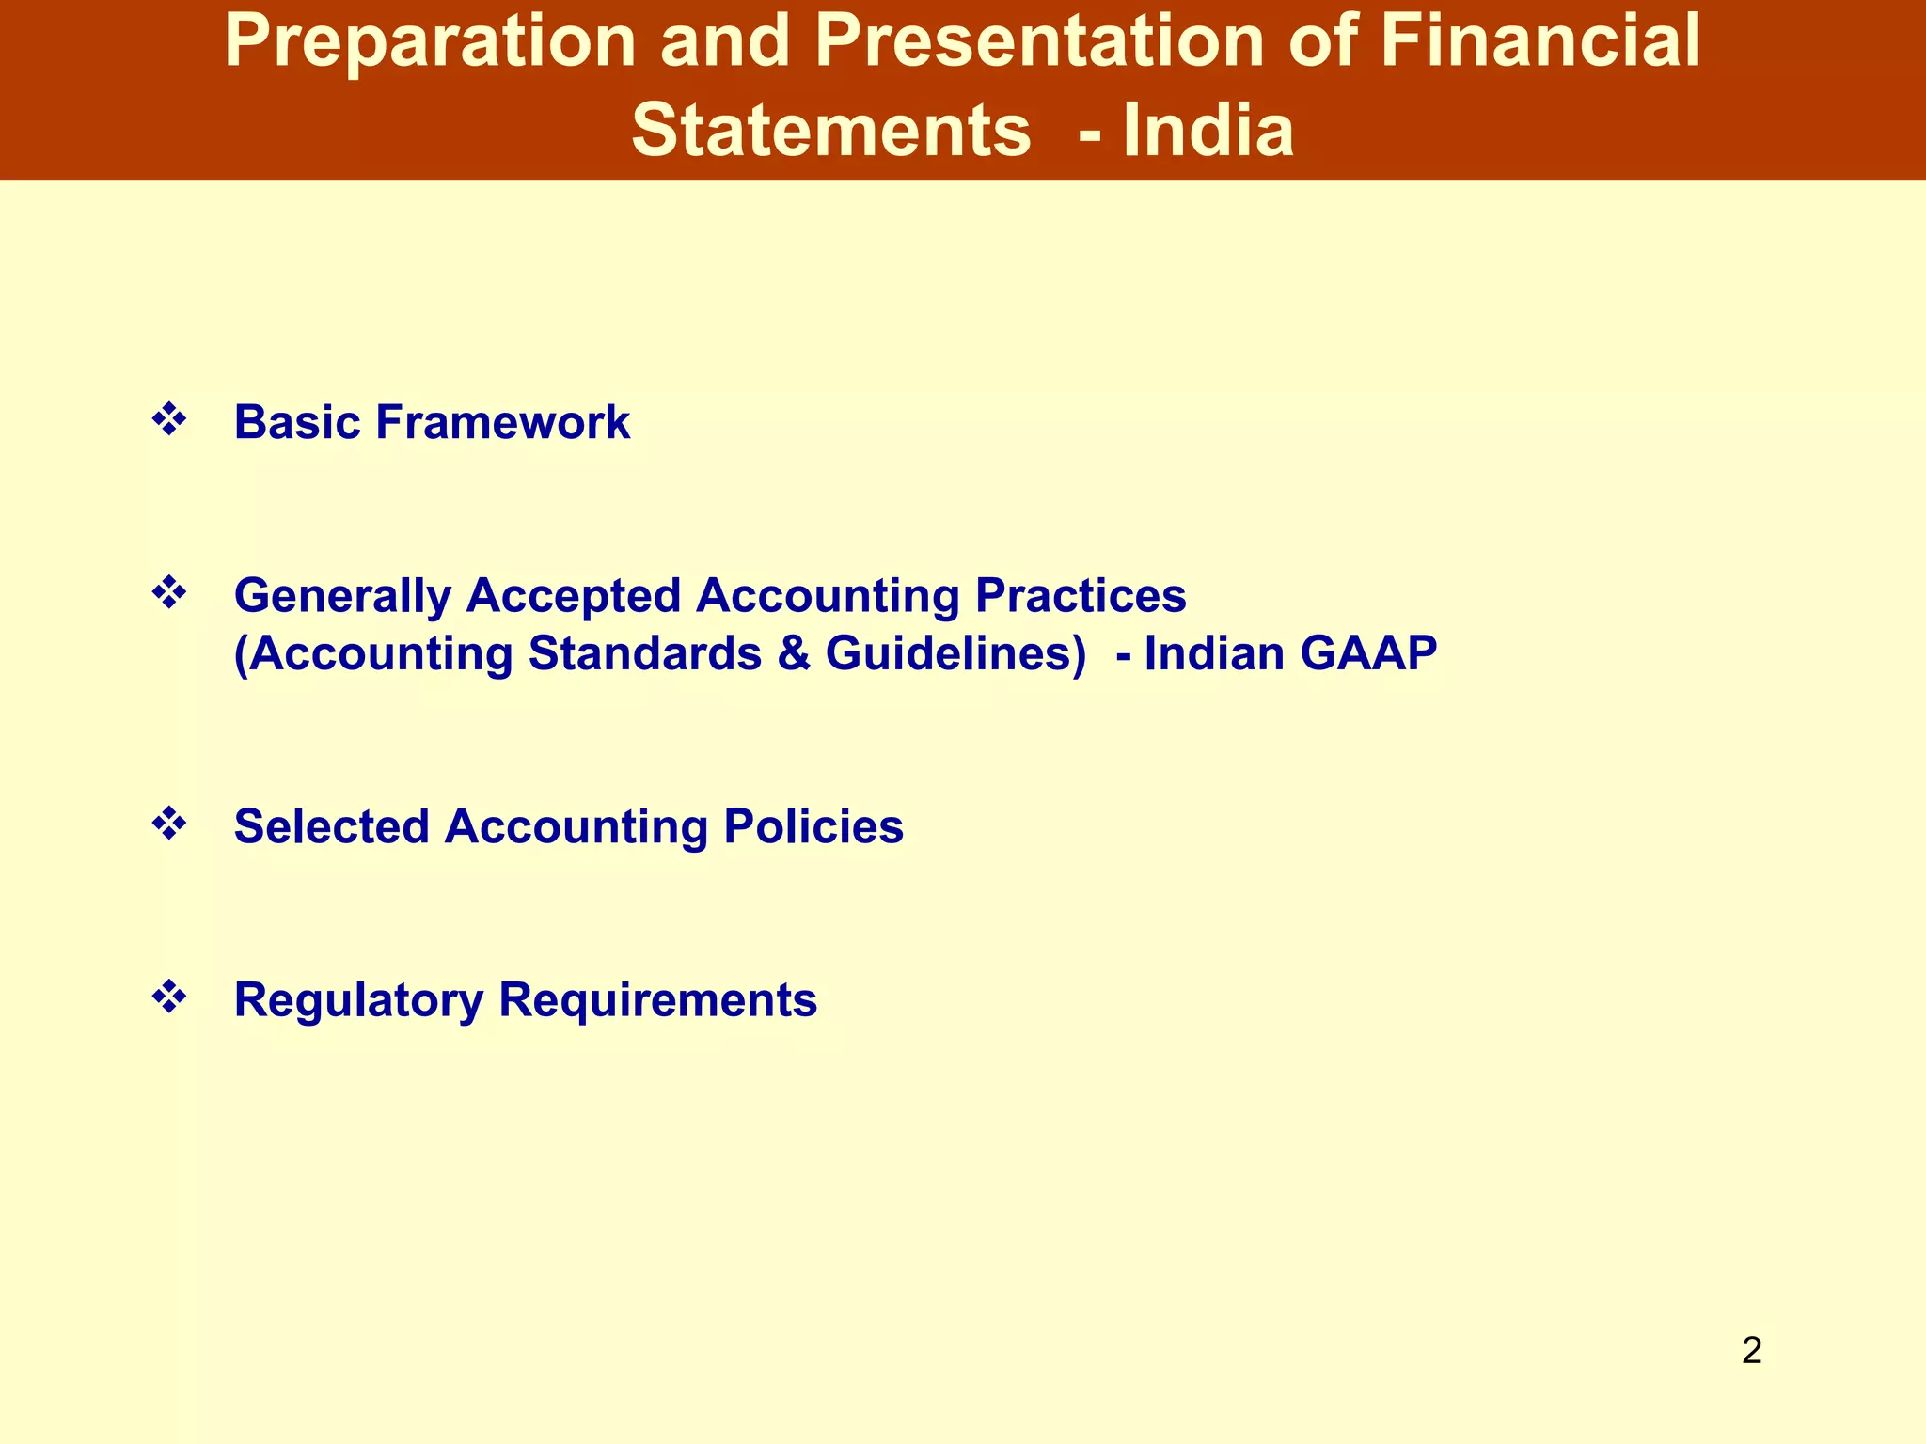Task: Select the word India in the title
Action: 1208,131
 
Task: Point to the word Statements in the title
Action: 830,131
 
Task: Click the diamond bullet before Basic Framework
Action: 169,419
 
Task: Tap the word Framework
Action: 502,422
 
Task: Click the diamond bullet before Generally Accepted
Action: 169,593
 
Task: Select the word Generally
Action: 342,597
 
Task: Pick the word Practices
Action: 1081,595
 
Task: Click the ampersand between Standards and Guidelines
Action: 794,653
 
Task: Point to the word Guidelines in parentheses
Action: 955,653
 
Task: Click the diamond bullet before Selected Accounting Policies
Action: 169,824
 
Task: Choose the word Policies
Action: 813,827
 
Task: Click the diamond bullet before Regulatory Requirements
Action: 169,997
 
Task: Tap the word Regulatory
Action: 358,1000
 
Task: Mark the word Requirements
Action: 657,1000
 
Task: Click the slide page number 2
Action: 1751,1351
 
